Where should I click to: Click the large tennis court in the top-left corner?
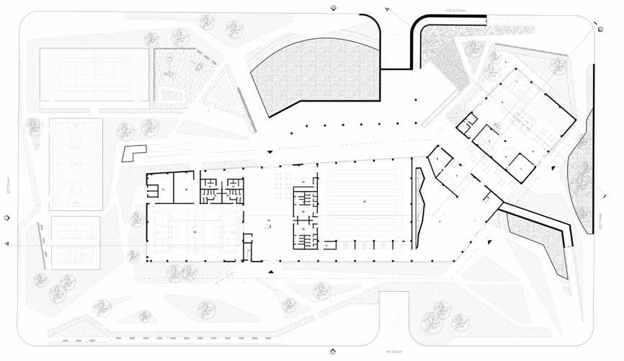click(x=94, y=76)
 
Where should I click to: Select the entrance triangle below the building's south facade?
click(x=271, y=272)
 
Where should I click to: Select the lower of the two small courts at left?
click(x=75, y=244)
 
